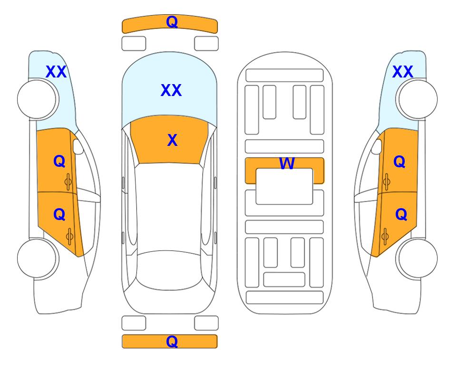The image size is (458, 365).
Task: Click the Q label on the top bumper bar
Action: click(172, 22)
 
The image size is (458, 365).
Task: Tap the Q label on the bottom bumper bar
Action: click(172, 341)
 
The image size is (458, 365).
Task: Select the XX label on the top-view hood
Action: click(171, 90)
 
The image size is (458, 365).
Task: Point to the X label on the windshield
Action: click(172, 140)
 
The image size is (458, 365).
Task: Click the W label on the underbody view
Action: click(287, 163)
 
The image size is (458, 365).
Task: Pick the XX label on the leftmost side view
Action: click(56, 72)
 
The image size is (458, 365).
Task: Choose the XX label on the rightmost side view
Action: click(402, 72)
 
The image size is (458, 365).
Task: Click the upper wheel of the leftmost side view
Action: click(37, 99)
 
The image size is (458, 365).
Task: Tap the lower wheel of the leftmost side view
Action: click(37, 259)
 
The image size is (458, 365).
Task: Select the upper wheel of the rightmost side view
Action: click(418, 99)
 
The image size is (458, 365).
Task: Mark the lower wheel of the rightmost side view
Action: click(418, 259)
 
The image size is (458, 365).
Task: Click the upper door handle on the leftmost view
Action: click(68, 182)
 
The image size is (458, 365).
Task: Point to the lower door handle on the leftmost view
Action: click(69, 237)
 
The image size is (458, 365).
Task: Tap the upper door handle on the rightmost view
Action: click(387, 182)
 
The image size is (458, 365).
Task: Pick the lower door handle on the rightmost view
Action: click(385, 237)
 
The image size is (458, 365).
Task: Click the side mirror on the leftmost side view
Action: click(78, 146)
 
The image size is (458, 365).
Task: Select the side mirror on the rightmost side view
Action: click(377, 146)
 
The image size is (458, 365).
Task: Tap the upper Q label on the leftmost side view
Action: click(59, 162)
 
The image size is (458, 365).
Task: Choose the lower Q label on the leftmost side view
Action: click(59, 215)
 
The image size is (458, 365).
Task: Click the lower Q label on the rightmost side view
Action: click(401, 215)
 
